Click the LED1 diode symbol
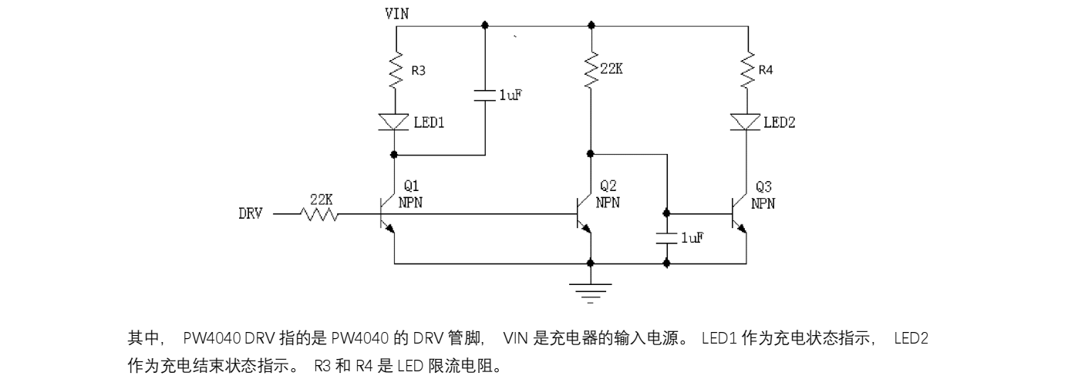click(395, 121)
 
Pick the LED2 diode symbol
click(746, 122)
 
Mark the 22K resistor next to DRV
click(322, 214)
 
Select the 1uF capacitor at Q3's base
click(666, 238)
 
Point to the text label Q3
click(763, 187)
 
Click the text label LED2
click(780, 122)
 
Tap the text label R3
click(418, 70)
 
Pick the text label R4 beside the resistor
click(766, 70)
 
